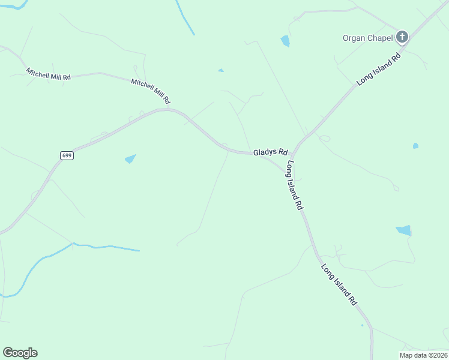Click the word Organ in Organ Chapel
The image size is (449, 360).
point(354,38)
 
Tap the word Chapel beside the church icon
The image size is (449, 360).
point(379,38)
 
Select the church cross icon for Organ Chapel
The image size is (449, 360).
point(402,37)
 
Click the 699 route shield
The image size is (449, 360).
point(67,155)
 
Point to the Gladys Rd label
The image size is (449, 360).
point(270,152)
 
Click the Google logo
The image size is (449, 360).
point(20,353)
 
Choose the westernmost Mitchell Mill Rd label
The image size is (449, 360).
point(49,74)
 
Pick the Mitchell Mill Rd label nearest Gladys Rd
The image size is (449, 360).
point(151,90)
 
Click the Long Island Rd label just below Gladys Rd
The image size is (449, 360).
point(295,184)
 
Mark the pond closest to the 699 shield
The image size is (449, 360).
point(130,159)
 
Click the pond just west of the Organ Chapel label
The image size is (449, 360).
point(285,41)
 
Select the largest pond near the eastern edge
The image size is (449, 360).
point(404,230)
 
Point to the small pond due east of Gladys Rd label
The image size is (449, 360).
point(415,146)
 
